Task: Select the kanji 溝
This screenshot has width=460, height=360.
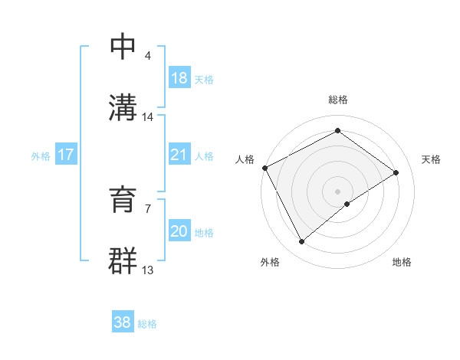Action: click(124, 107)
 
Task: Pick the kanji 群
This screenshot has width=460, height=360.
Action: click(124, 261)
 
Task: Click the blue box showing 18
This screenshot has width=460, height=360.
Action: click(179, 77)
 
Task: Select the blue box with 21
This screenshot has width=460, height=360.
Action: click(179, 154)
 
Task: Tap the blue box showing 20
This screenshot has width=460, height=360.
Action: click(179, 231)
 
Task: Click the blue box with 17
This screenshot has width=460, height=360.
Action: click(66, 154)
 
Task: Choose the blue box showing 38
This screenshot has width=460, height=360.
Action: click(123, 322)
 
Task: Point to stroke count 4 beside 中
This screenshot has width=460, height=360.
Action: click(148, 57)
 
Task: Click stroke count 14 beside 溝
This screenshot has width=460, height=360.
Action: click(148, 117)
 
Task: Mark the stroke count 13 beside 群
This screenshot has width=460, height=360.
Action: click(148, 270)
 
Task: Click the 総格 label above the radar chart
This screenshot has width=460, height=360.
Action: click(338, 100)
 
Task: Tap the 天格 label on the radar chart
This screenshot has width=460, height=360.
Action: click(432, 159)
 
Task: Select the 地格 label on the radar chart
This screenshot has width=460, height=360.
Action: click(402, 262)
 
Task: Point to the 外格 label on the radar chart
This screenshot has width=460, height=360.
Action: click(270, 262)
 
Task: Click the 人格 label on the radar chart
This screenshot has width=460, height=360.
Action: click(245, 159)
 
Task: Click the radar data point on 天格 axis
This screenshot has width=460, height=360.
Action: click(396, 172)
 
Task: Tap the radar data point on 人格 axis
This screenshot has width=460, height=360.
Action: click(264, 168)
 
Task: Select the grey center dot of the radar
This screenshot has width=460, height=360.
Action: click(338, 191)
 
